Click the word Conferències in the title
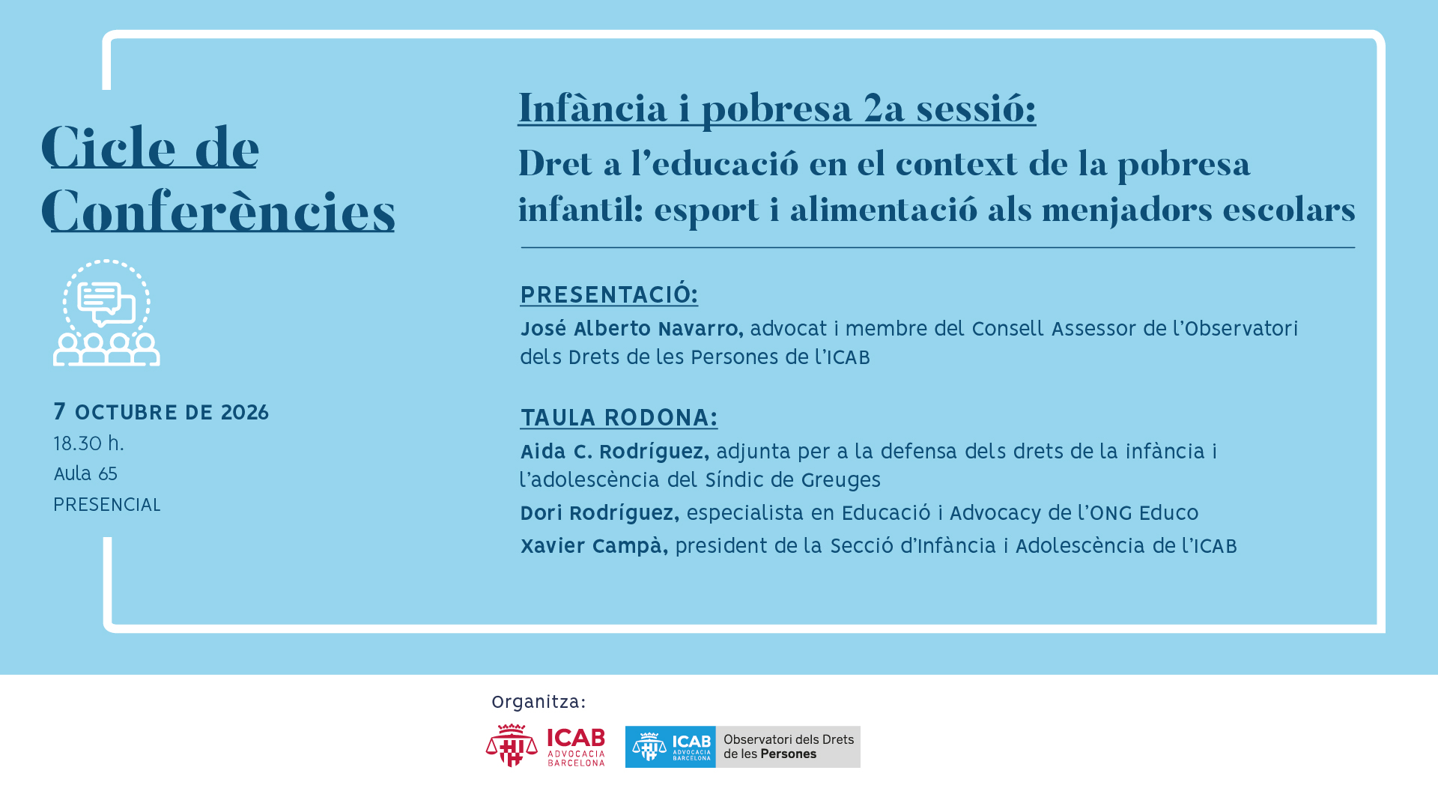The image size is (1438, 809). [x=218, y=212]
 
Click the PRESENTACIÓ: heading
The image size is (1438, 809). [x=609, y=294]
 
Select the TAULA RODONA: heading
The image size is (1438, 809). [x=619, y=417]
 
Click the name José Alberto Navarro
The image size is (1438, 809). [x=631, y=329]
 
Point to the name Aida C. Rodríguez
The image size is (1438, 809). [x=614, y=452]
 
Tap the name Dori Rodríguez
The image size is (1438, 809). [x=599, y=513]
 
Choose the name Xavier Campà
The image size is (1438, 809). [x=594, y=546]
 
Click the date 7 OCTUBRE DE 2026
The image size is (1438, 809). [x=161, y=412]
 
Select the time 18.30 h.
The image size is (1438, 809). [x=88, y=443]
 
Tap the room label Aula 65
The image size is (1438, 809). [x=85, y=474]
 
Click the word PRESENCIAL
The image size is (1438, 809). [x=107, y=505]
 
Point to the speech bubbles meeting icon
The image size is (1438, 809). [x=106, y=312]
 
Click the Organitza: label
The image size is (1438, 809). [x=539, y=702]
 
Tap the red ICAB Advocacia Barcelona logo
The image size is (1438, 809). [x=545, y=745]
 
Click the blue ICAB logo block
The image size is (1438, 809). [x=670, y=747]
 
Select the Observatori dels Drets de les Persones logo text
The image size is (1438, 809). [x=789, y=747]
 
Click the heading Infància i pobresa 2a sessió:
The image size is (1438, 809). [x=777, y=109]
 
